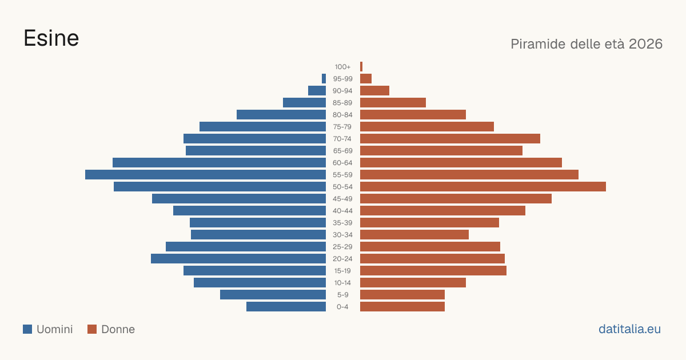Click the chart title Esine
(x=51, y=38)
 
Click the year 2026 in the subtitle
(x=645, y=44)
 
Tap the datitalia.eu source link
(x=629, y=329)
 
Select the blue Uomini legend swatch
(x=27, y=329)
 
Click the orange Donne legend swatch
(x=92, y=329)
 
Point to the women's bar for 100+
(x=361, y=67)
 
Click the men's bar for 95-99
(x=324, y=79)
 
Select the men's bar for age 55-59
(x=205, y=175)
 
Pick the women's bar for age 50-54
(x=483, y=187)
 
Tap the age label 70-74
(x=342, y=139)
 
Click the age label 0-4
(x=342, y=307)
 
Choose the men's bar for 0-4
(x=286, y=307)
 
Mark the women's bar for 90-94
(x=374, y=91)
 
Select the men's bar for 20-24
(x=238, y=259)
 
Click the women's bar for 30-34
(x=414, y=235)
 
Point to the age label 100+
(x=342, y=67)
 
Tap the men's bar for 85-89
(x=304, y=102)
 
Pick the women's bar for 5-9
(x=402, y=295)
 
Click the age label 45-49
(x=342, y=199)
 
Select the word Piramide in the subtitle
(x=538, y=44)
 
